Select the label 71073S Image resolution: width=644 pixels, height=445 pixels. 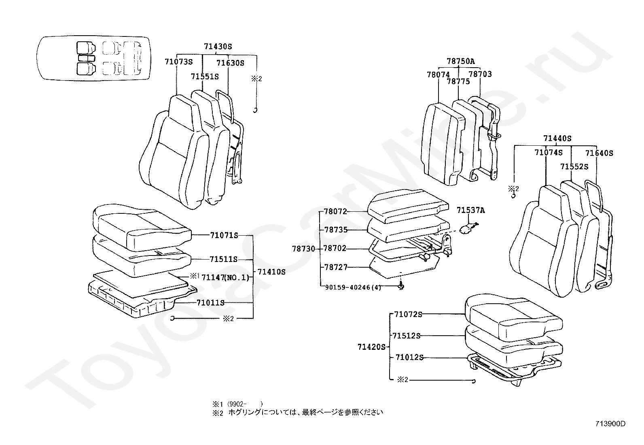pyautogui.click(x=178, y=62)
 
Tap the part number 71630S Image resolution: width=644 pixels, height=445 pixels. pyautogui.click(x=230, y=63)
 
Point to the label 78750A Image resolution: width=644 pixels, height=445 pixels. pyautogui.click(x=460, y=62)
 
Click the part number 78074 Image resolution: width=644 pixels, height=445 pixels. pyautogui.click(x=438, y=75)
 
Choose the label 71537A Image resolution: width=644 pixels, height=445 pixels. pyautogui.click(x=470, y=210)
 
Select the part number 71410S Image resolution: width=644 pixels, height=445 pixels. pyautogui.click(x=271, y=272)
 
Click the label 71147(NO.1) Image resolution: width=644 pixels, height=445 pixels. pyautogui.click(x=225, y=277)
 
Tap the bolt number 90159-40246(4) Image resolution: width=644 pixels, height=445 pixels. pyautogui.click(x=353, y=287)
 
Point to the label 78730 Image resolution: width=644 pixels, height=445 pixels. pyautogui.click(x=303, y=249)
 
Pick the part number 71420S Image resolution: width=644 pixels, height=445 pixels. pyautogui.click(x=371, y=347)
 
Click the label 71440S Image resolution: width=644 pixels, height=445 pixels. pyautogui.click(x=557, y=138)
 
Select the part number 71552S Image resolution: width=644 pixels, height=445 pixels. pyautogui.click(x=574, y=166)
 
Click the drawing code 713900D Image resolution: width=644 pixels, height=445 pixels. pyautogui.click(x=610, y=424)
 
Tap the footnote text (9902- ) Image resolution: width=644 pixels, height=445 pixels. pyautogui.click(x=244, y=404)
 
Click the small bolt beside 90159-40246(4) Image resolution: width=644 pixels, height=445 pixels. pyautogui.click(x=401, y=286)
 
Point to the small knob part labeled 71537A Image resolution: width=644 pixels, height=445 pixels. pyautogui.click(x=469, y=229)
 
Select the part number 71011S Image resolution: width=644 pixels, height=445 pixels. pyautogui.click(x=210, y=303)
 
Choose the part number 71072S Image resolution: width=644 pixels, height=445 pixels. pyautogui.click(x=408, y=314)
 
